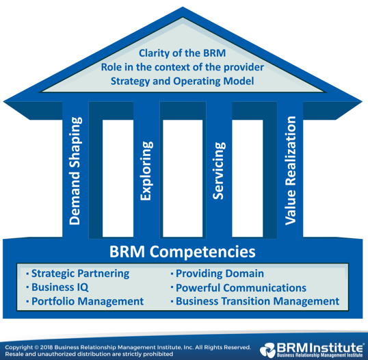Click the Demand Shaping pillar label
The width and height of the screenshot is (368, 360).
coord(75,170)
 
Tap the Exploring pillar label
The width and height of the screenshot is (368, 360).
coord(146,170)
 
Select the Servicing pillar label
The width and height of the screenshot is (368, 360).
coord(219,170)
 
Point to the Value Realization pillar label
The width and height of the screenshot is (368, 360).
coord(290,170)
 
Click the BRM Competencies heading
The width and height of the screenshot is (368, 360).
coord(183,251)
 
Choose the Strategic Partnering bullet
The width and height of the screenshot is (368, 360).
coord(78,273)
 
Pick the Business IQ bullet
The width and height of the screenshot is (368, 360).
coord(57,287)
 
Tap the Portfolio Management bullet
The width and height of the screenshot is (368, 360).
coord(85,301)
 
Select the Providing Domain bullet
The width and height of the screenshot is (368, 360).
coord(218,274)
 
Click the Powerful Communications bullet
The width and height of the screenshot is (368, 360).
coord(239,287)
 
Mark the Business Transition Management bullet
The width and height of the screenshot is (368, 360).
coord(255,301)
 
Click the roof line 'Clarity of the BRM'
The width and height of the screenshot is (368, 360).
coord(183,53)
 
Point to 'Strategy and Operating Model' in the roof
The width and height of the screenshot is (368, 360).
coord(183,81)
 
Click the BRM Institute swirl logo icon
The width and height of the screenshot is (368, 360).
coord(267,350)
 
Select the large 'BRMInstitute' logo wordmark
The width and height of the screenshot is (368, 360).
coord(319,347)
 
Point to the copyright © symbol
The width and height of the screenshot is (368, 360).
coord(36,347)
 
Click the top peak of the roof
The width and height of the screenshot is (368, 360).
coord(183,7)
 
